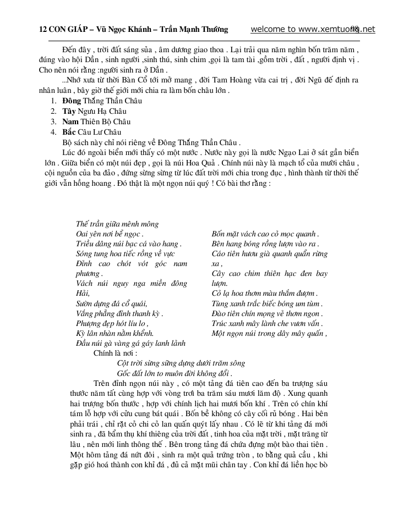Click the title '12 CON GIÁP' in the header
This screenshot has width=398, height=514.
(63, 30)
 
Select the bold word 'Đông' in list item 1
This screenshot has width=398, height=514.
(72, 101)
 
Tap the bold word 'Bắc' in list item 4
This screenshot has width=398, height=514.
(69, 131)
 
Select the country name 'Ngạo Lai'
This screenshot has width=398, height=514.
(282, 152)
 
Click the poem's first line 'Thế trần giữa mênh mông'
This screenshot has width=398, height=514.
(117, 224)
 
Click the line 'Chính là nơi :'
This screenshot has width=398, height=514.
(115, 353)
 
